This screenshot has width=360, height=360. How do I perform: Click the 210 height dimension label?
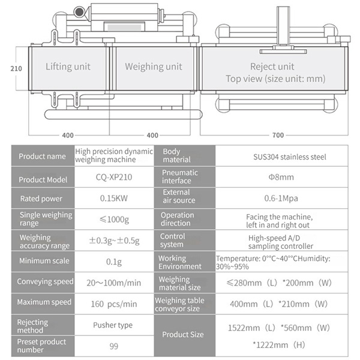coord(16,68)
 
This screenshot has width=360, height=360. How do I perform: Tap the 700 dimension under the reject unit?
coord(278,135)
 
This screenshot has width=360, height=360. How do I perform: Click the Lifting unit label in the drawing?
coord(68,67)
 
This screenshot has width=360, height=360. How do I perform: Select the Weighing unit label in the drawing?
coord(154,67)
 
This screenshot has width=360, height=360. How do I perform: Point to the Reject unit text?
coord(272,67)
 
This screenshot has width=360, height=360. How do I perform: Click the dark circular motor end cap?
coord(79,12)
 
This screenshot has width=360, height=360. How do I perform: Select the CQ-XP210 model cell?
coord(114,177)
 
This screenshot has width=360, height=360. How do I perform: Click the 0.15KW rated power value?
coord(114,198)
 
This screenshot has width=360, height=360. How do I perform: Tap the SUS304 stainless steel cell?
coord(290,157)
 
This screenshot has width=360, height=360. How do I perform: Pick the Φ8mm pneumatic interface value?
coord(281,177)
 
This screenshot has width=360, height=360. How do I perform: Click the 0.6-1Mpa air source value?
coord(281,199)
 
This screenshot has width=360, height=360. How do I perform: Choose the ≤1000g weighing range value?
coord(114,220)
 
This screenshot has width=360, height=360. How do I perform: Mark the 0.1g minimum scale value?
coord(114,262)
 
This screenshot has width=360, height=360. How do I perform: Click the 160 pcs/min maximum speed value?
coord(114,304)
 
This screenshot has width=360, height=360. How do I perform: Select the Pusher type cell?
coord(113,325)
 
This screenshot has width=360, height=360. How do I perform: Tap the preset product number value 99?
coord(114,346)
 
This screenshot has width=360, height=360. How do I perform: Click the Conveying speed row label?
coord(45,281)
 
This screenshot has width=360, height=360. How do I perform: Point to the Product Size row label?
coord(183,335)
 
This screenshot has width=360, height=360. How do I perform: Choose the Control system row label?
coord(173,241)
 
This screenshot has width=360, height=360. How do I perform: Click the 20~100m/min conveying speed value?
coord(114,283)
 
